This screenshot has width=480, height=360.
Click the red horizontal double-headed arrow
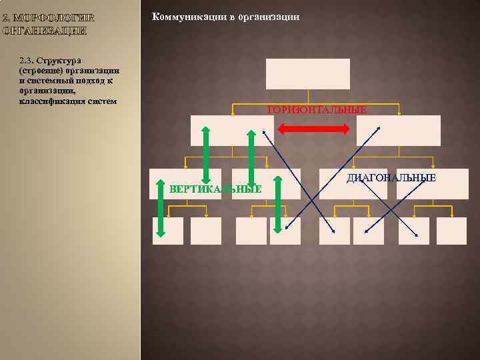pyautogui.click(x=313, y=129)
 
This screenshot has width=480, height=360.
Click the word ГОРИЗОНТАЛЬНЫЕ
pyautogui.click(x=317, y=110)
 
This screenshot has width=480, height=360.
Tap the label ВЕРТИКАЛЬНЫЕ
pyautogui.click(x=215, y=189)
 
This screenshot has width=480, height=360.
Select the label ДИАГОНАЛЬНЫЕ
pyautogui.click(x=391, y=178)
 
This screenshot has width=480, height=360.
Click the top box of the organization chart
pyautogui.click(x=307, y=74)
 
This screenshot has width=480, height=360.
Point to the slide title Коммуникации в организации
pyautogui.click(x=226, y=17)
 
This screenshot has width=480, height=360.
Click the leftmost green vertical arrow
pyautogui.click(x=160, y=209)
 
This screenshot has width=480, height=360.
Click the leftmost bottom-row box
pyautogui.click(x=167, y=231)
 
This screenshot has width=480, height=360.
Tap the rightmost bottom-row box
pyautogui.click(x=451, y=231)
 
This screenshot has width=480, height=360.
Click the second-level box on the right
pyautogui.click(x=398, y=131)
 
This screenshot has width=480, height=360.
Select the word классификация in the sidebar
pyautogui.click(x=51, y=101)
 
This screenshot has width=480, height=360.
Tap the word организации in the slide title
pyautogui.click(x=269, y=17)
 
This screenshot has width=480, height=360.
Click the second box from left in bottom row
pyautogui.click(x=205, y=231)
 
